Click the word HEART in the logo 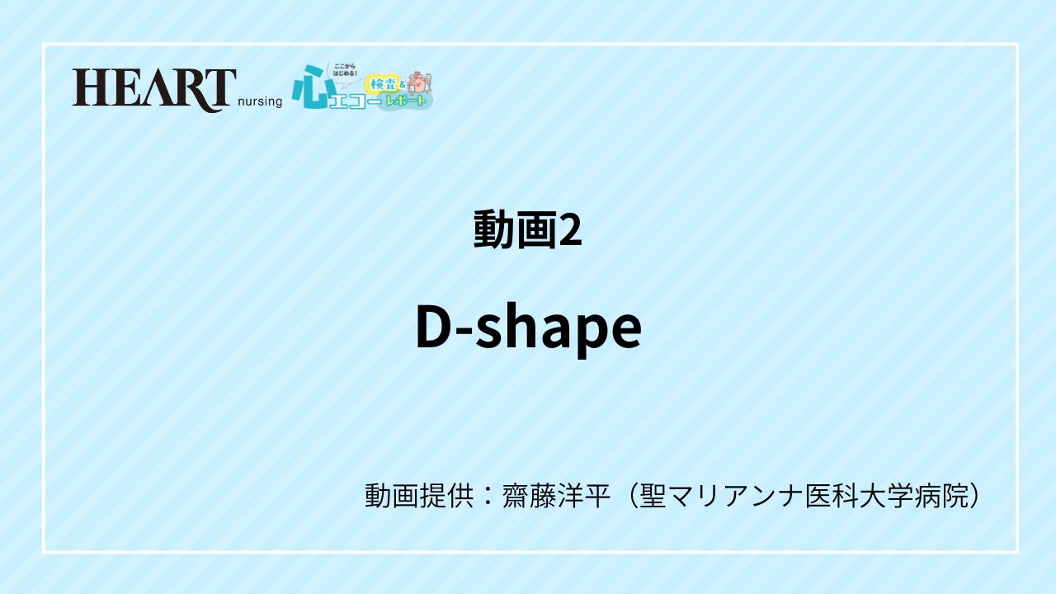click(154, 89)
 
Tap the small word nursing click(260, 101)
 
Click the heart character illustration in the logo click(420, 82)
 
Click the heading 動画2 click(528, 230)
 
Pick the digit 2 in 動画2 click(571, 231)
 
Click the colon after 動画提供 click(487, 496)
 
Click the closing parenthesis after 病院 click(976, 496)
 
